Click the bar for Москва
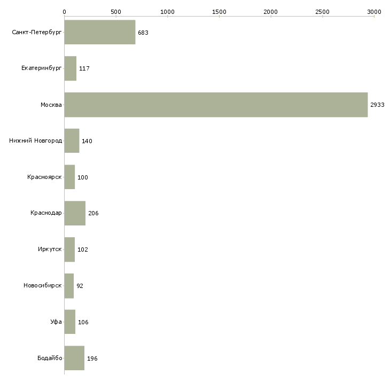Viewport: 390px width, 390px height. point(216,105)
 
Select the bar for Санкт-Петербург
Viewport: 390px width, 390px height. point(99,33)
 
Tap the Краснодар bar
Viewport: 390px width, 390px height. point(75,213)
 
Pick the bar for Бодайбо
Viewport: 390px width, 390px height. point(74,358)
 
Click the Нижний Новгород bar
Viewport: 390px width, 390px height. point(72,141)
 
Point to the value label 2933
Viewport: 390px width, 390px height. point(377,105)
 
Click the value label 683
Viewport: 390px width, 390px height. point(143,33)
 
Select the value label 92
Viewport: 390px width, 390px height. point(80,286)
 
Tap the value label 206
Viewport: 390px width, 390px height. point(93,214)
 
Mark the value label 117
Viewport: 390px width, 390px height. point(84,69)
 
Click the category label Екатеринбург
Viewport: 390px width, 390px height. point(42,69)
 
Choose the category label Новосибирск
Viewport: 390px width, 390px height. point(43,286)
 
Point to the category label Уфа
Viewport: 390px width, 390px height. point(56,322)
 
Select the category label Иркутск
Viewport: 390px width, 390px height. point(49,249)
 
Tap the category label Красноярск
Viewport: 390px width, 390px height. point(44,177)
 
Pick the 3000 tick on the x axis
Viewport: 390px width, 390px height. point(374,11)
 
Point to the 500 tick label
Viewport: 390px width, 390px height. point(116,11)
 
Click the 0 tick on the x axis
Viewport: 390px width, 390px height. point(64,11)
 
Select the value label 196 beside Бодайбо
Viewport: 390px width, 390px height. point(92,358)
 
